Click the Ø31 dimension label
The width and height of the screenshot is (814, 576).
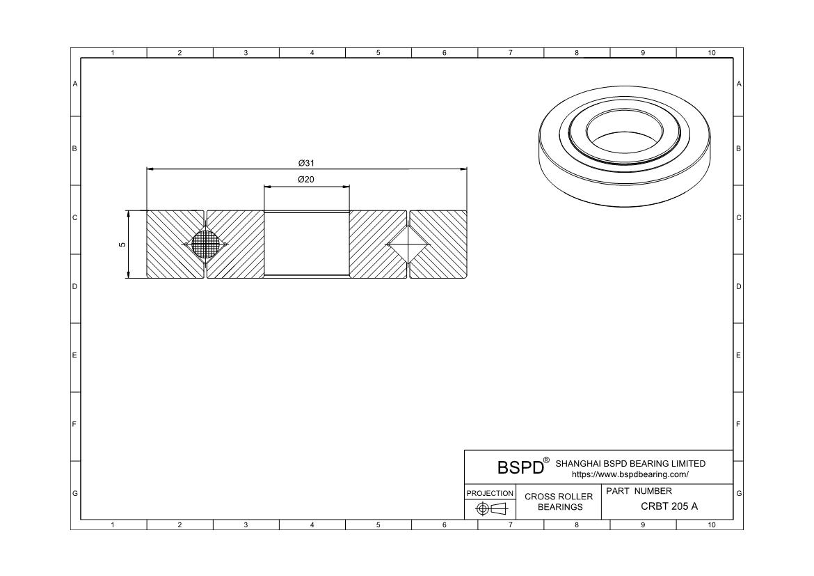(306, 163)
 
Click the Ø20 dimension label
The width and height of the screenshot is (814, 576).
(306, 180)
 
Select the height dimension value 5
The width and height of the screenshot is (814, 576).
(122, 244)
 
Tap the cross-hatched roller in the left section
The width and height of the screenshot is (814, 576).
(205, 244)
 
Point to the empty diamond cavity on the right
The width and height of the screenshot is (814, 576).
(408, 244)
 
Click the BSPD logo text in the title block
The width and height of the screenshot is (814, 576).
(520, 467)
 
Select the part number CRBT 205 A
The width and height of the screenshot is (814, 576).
(669, 506)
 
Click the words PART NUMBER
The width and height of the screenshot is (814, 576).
(639, 491)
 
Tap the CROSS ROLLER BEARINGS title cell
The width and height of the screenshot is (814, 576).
(559, 501)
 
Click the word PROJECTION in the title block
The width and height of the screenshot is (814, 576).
(490, 493)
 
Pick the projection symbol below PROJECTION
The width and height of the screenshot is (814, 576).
(490, 509)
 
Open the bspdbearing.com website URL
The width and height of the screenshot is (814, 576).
(630, 474)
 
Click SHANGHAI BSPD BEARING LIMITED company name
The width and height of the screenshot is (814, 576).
(630, 463)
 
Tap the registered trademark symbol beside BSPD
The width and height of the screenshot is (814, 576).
(546, 460)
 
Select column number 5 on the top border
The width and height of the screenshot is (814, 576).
(378, 53)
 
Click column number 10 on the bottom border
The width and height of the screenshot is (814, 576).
(711, 524)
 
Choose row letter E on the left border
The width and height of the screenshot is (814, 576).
(74, 355)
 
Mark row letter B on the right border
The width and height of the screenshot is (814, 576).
(738, 148)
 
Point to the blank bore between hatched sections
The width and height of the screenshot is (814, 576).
(306, 244)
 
